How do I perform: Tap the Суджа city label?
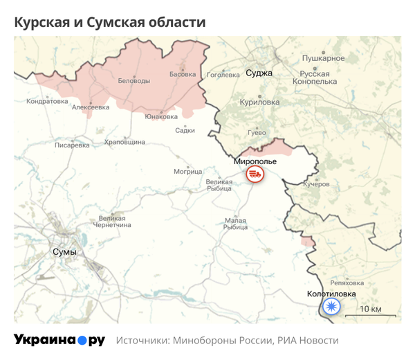tap(259, 72)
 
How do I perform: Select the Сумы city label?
tap(64, 252)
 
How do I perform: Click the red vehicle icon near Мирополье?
tap(255, 174)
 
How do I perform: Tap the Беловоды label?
tap(134, 81)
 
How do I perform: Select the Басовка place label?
tap(183, 74)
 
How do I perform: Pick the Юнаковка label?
tap(161, 116)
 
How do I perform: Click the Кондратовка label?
tap(47, 101)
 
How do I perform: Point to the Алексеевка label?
tap(91, 107)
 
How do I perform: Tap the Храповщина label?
tap(124, 141)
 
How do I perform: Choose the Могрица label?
tap(187, 171)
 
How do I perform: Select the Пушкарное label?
tap(323, 57)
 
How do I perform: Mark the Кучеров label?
tap(317, 185)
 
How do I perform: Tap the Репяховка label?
tap(347, 282)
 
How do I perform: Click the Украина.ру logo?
tap(59, 340)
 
